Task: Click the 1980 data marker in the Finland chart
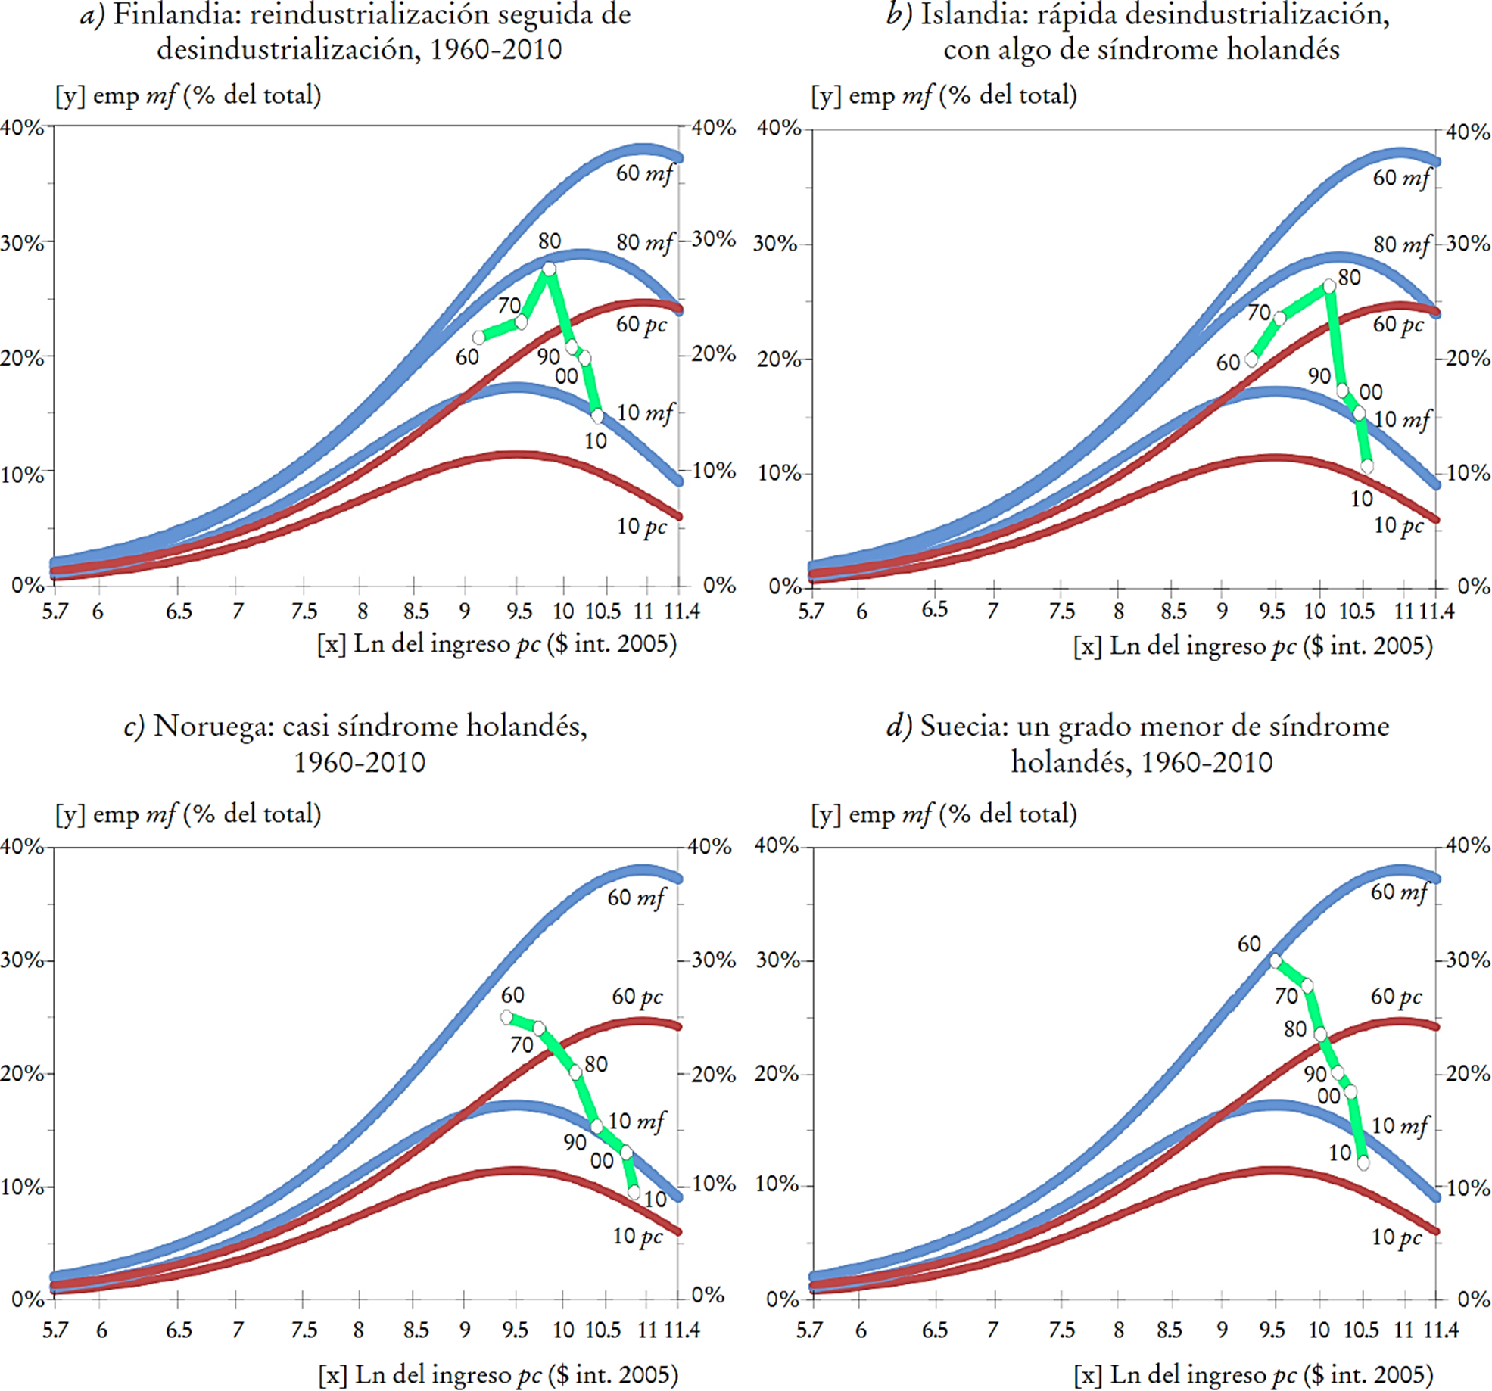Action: [549, 269]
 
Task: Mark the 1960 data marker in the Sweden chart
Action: [1276, 960]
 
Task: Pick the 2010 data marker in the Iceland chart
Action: [1366, 466]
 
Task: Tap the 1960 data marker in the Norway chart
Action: [506, 1017]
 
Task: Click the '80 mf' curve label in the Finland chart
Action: [643, 242]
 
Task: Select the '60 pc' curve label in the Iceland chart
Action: [1397, 325]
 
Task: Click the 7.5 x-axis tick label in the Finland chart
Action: [304, 611]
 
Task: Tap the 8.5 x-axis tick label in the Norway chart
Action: [415, 1330]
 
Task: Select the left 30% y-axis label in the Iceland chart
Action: [775, 244]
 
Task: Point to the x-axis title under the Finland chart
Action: [497, 644]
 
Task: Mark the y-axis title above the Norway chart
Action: [188, 814]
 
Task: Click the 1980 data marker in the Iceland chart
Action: [1329, 286]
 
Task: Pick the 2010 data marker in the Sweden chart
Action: [1363, 1162]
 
